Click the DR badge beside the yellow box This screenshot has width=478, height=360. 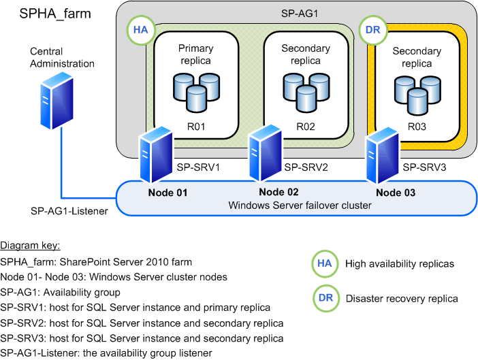coord(373,30)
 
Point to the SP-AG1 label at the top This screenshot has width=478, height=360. coord(296,13)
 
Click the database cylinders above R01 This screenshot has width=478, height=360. coord(196,91)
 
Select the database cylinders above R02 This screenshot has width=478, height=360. coord(306,91)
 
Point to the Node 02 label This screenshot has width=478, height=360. coord(278,193)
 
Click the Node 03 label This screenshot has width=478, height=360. coord(397,193)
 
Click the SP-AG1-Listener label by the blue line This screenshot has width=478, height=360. coord(69,211)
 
